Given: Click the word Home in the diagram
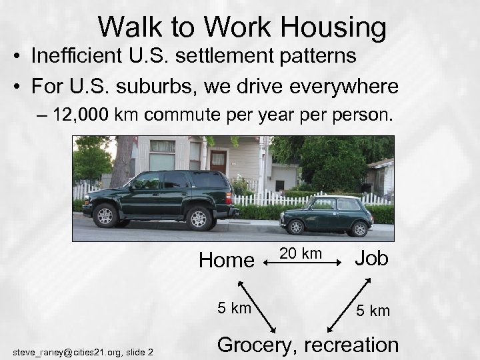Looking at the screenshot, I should (x=227, y=260).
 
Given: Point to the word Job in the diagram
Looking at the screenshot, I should (x=372, y=258).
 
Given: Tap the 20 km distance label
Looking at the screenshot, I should (x=301, y=253).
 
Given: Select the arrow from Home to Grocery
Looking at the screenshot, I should (x=256, y=307).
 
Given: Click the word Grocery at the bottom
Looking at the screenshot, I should (x=256, y=344).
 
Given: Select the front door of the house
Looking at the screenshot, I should (x=218, y=163).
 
